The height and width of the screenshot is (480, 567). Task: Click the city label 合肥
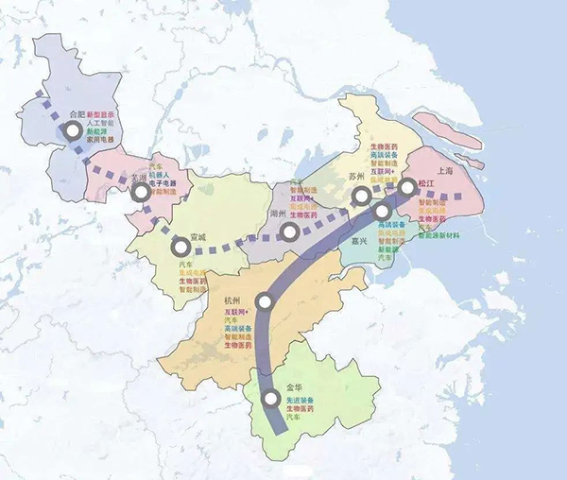click(x=77, y=113)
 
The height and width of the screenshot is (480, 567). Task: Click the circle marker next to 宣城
click(x=180, y=248)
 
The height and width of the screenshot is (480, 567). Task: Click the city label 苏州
click(x=356, y=177)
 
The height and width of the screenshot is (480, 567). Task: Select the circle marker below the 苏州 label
click(x=360, y=197)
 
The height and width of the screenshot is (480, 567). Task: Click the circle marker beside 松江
click(x=407, y=188)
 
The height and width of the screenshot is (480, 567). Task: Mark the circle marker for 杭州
click(x=266, y=302)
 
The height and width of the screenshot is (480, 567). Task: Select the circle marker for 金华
click(x=270, y=399)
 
